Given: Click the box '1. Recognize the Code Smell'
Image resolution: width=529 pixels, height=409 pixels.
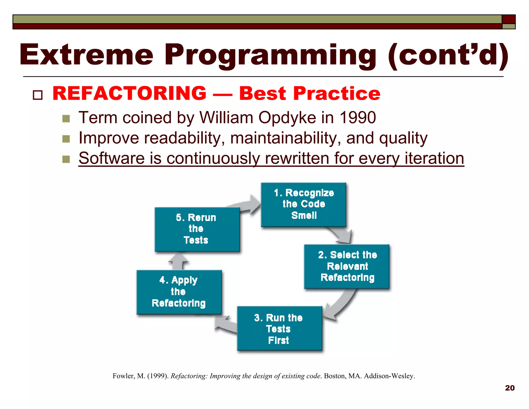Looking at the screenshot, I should pos(304,204).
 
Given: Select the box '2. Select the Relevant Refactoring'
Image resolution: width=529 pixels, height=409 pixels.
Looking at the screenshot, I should pos(347,266).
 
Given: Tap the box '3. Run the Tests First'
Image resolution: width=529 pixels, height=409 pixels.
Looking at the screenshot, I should pos(279,329).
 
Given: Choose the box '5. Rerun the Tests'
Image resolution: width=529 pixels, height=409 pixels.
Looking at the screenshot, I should pos(197,229).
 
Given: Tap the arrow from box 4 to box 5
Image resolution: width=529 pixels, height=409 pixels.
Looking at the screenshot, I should pos(179,261).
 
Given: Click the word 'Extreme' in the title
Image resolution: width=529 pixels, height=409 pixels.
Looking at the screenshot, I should pos(87,55).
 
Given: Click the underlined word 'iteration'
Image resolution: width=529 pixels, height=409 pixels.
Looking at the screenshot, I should pos(434,158).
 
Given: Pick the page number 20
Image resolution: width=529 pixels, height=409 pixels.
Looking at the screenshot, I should pos(510,388).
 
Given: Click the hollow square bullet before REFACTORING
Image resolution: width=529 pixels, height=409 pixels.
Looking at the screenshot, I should pos(38,95).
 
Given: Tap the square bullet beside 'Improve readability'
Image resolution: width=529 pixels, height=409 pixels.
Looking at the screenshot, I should pos(66,139).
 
